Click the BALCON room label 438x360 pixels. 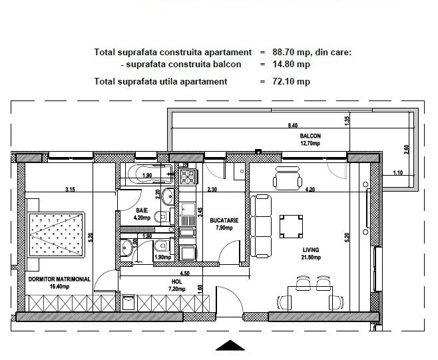tap(310, 136)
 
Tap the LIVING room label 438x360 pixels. tap(311, 250)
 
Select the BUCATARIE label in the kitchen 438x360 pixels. tap(224, 221)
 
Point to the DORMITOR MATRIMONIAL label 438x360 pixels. tap(59, 279)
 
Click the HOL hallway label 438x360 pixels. tap(177, 281)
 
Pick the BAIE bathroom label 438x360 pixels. tap(142, 210)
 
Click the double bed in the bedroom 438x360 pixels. tap(56, 235)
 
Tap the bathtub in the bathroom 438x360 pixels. tap(150, 174)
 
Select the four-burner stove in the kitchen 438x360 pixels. tap(188, 178)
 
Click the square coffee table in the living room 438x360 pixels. tap(291, 226)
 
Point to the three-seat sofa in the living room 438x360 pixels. tap(261, 226)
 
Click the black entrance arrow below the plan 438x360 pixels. tap(230, 345)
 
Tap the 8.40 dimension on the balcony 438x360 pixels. tap(292, 125)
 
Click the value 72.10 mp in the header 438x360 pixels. tap(292, 82)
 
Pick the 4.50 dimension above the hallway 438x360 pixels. tap(184, 273)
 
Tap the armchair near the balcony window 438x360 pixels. tap(287, 178)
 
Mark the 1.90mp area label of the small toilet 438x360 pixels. tap(162, 258)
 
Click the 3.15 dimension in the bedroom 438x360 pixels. tap(70, 190)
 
